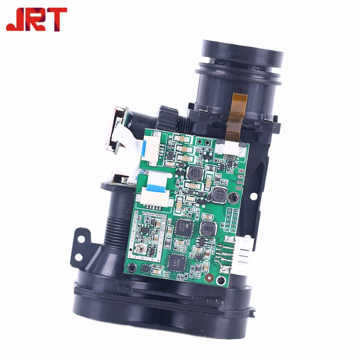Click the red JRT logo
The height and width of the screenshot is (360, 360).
click(x=36, y=19)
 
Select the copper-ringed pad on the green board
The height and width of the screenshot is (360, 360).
click(x=209, y=277)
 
